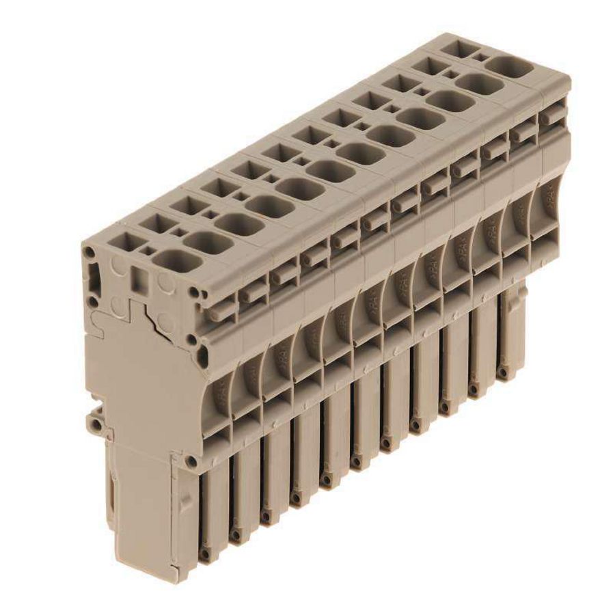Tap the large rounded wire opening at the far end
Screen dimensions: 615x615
point(508,68)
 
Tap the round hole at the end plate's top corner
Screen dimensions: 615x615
point(90,254)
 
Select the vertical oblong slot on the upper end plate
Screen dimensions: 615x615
point(96,281)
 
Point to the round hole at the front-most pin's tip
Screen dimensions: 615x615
point(204,555)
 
